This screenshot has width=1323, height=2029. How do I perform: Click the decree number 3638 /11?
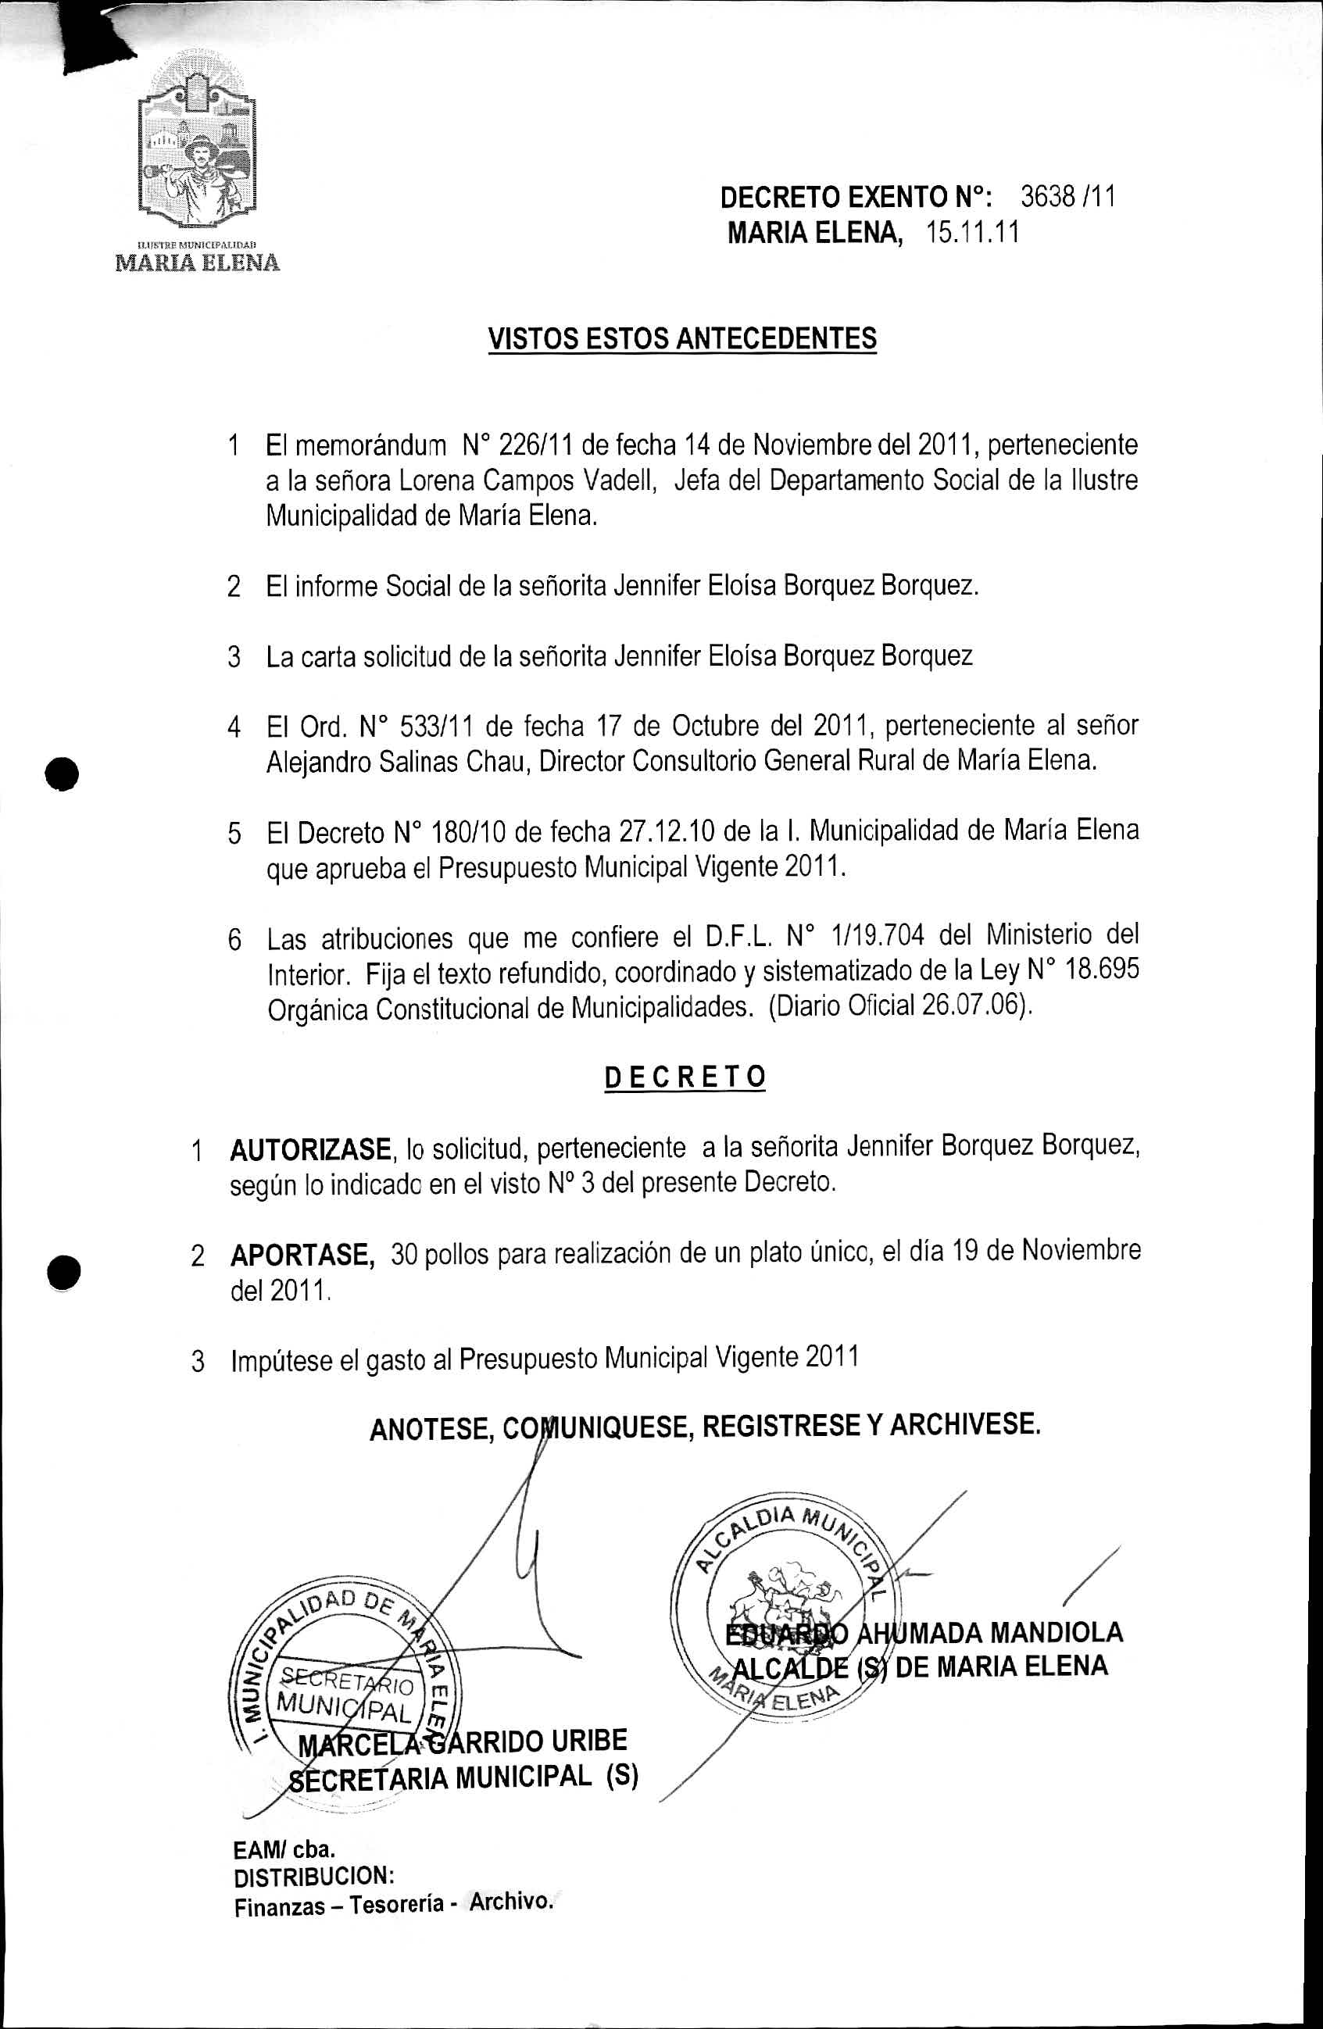[1067, 197]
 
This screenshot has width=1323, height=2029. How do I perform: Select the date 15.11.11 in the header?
[973, 233]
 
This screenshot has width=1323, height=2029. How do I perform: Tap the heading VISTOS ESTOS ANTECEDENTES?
[682, 338]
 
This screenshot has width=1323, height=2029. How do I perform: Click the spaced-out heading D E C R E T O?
[685, 1077]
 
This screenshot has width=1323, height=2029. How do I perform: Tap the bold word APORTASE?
[302, 1255]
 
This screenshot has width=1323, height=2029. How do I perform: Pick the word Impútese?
[281, 1361]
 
